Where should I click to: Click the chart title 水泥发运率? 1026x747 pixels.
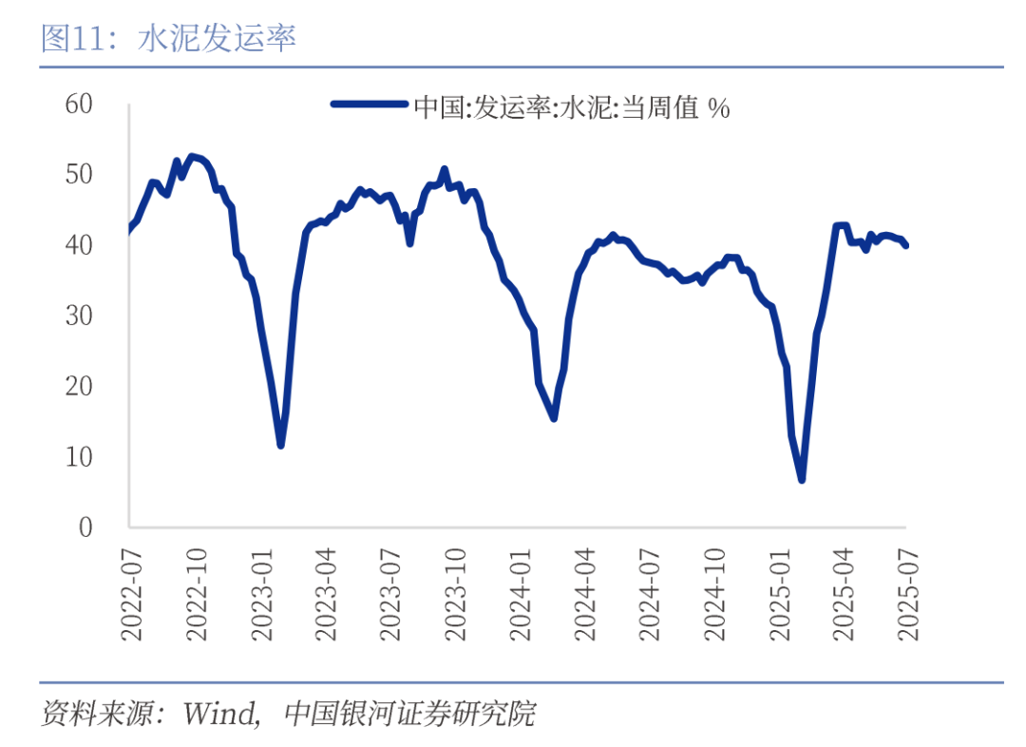[218, 38]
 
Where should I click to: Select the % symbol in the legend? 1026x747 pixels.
[718, 107]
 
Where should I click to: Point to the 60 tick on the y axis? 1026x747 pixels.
[79, 104]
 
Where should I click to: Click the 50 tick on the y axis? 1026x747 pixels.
[79, 175]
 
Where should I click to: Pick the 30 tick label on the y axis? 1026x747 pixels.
[79, 316]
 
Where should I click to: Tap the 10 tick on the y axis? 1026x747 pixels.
[79, 457]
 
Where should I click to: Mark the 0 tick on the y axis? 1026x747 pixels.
[85, 527]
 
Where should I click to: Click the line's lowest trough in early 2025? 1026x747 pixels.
[802, 480]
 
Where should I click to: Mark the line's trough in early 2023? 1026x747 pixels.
[280, 445]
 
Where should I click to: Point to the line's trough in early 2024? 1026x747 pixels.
[553, 418]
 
